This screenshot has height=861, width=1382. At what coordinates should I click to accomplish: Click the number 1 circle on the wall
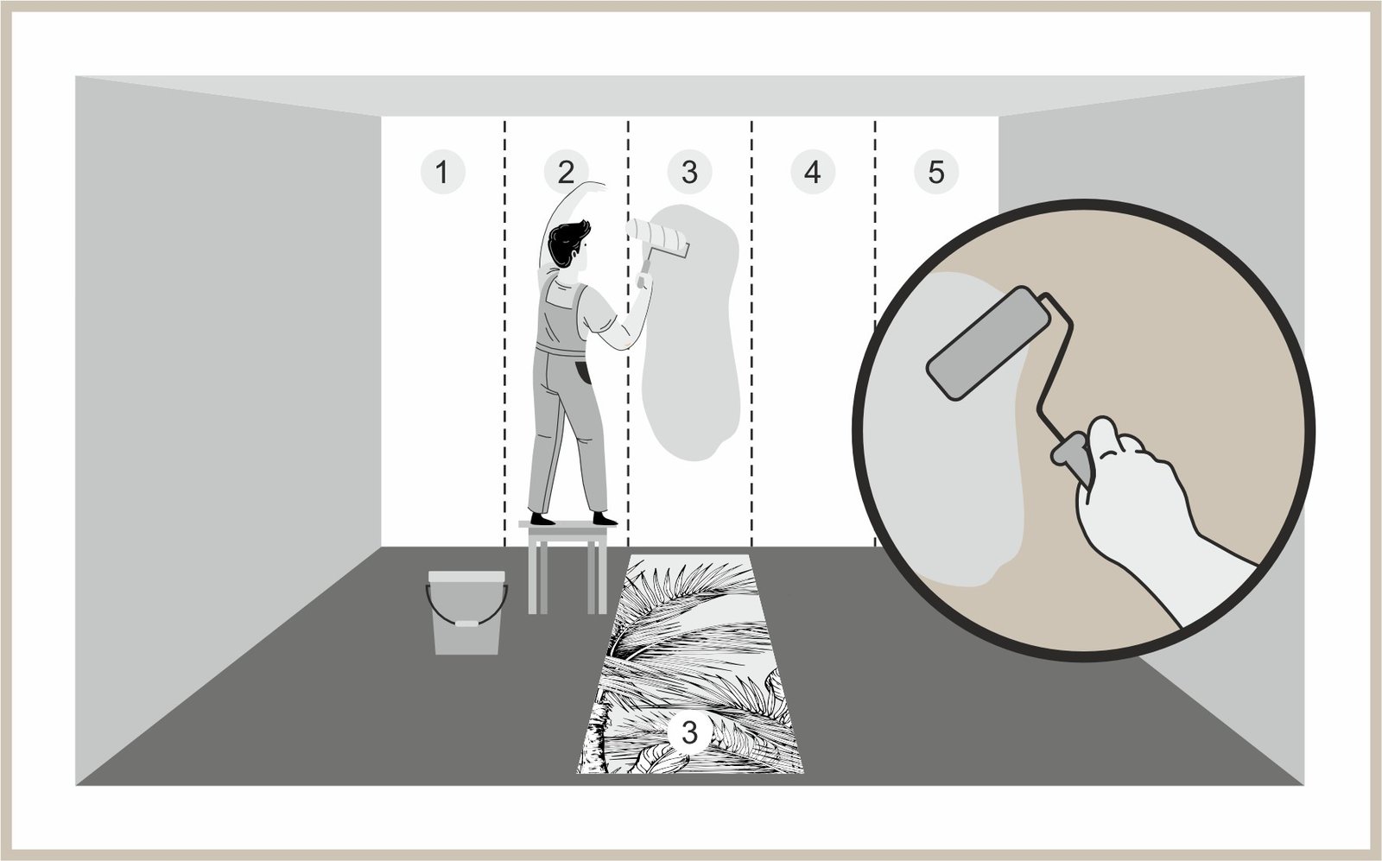(442, 172)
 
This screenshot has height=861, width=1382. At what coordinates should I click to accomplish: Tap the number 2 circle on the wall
(566, 172)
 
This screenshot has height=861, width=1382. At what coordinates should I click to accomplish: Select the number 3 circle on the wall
(689, 172)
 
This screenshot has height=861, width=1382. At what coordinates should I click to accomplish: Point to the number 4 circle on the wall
(813, 172)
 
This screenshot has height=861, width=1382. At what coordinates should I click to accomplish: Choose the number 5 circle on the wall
(936, 172)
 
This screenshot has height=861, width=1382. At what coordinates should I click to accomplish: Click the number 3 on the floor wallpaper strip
(689, 732)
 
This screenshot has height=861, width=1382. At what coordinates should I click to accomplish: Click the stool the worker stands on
(567, 567)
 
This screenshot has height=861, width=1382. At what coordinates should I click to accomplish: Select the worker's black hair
(567, 243)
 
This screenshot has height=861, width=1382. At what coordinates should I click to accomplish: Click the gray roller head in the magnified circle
(988, 343)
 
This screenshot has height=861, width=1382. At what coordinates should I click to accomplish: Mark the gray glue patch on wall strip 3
(690, 333)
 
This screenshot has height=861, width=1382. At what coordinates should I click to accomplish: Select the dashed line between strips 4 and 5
(874, 333)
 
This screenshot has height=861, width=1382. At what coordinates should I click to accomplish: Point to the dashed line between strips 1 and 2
(504, 333)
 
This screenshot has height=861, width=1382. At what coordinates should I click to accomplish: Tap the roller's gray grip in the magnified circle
(1071, 457)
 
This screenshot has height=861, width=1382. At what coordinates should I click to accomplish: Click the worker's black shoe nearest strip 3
(605, 519)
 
